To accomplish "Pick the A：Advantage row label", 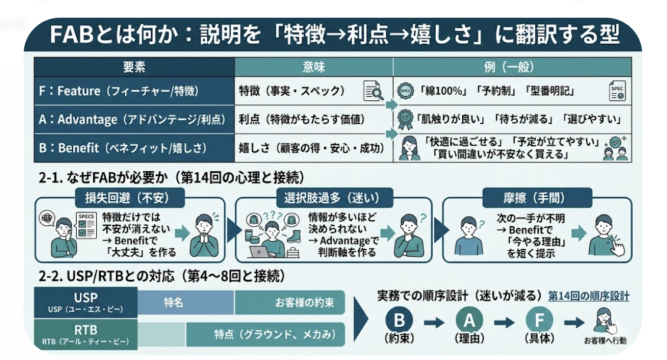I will point(133,119).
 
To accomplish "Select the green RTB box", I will point(86,333).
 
